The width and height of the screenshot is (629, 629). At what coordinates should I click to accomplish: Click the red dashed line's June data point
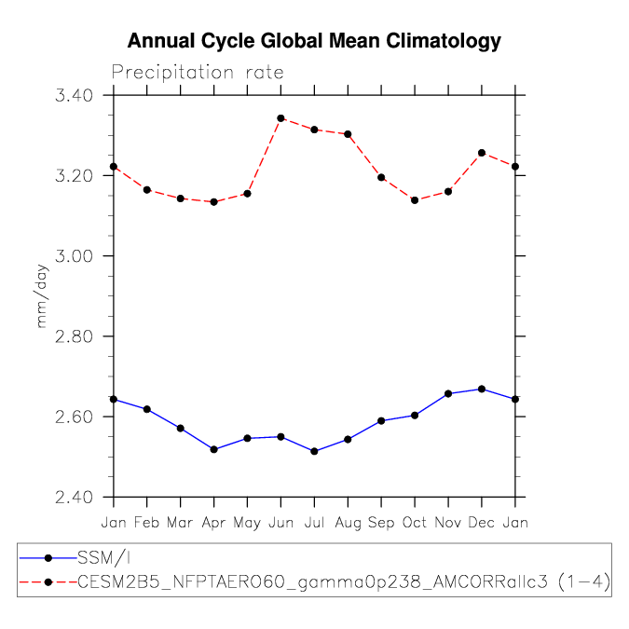pyautogui.click(x=280, y=118)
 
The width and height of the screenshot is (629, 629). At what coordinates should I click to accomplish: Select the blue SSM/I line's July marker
pyautogui.click(x=315, y=451)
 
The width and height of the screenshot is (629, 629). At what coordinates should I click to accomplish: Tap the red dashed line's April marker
pyautogui.click(x=213, y=202)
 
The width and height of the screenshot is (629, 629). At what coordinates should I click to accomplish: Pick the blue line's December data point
pyautogui.click(x=482, y=390)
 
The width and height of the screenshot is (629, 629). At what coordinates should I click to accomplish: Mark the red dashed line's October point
pyautogui.click(x=415, y=200)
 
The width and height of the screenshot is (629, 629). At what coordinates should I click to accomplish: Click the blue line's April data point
pyautogui.click(x=213, y=449)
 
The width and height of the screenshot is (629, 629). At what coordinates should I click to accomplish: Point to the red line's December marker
pyautogui.click(x=482, y=153)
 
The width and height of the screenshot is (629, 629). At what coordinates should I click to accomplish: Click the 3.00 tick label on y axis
pyautogui.click(x=74, y=256)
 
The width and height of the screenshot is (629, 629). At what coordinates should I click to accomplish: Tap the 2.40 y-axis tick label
pyautogui.click(x=74, y=497)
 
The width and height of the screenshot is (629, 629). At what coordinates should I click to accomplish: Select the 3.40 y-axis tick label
pyautogui.click(x=74, y=95)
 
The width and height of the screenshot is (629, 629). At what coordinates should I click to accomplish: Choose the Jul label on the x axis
pyautogui.click(x=314, y=522)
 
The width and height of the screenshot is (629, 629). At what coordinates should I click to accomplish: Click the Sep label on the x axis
pyautogui.click(x=381, y=523)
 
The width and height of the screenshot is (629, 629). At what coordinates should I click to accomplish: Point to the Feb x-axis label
pyautogui.click(x=147, y=522)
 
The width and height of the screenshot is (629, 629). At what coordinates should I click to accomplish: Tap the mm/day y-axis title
pyautogui.click(x=41, y=296)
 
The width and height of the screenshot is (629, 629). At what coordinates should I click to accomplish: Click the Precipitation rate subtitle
pyautogui.click(x=198, y=73)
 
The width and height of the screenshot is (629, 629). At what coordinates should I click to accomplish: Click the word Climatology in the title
pyautogui.click(x=444, y=41)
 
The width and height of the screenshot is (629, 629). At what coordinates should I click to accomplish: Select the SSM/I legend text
pyautogui.click(x=103, y=558)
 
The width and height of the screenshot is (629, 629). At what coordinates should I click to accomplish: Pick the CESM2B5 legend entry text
pyautogui.click(x=344, y=582)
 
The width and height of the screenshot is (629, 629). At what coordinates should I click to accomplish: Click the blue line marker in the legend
pyautogui.click(x=48, y=558)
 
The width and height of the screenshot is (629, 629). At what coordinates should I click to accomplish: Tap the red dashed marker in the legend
pyautogui.click(x=48, y=582)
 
